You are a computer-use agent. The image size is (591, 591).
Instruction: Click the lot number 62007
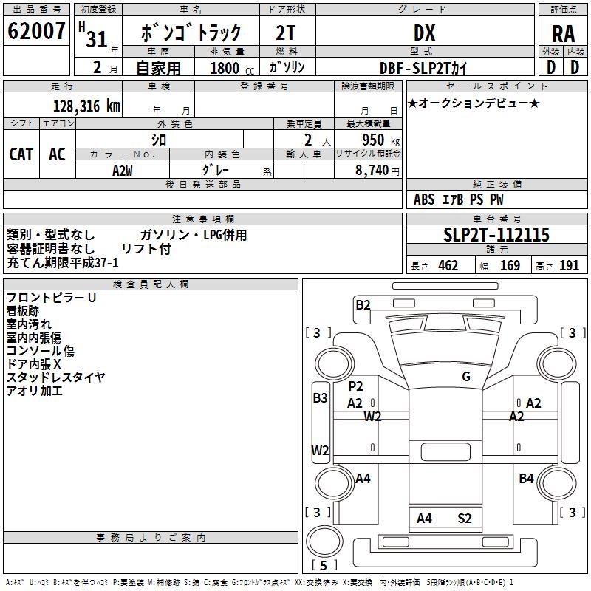pyautogui.click(x=36, y=32)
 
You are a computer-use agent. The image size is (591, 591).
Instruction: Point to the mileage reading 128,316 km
pyautogui.click(x=86, y=106)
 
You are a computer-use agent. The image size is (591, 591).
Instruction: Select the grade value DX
pyautogui.click(x=425, y=33)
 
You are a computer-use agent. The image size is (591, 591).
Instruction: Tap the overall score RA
pyautogui.click(x=563, y=33)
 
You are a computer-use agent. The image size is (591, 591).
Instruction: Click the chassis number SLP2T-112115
pyautogui.click(x=496, y=236)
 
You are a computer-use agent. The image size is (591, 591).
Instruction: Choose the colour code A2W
pyautogui.click(x=123, y=170)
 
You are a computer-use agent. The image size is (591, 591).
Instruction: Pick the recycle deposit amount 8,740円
pyautogui.click(x=378, y=170)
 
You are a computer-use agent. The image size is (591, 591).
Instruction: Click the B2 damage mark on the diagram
pyautogui.click(x=363, y=304)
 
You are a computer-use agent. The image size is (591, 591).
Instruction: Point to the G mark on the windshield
pyautogui.click(x=466, y=377)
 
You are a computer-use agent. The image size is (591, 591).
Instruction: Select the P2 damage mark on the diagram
pyautogui.click(x=356, y=386)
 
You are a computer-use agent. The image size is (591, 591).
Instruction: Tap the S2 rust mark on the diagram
pyautogui.click(x=464, y=519)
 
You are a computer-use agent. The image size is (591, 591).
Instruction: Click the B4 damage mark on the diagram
pyautogui.click(x=526, y=479)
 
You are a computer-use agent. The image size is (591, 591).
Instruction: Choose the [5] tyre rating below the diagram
pyautogui.click(x=324, y=565)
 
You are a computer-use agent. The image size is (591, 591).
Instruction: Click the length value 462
pyautogui.click(x=448, y=266)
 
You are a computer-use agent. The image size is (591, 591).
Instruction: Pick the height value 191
pyautogui.click(x=569, y=266)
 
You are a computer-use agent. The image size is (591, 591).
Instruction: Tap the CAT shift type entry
pyautogui.click(x=21, y=154)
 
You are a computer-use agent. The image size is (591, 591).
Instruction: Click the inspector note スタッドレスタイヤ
pyautogui.click(x=56, y=378)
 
